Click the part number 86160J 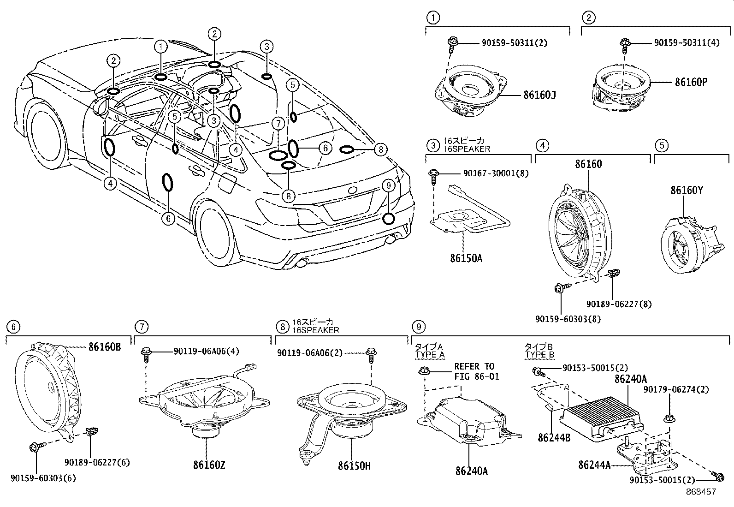point(539,95)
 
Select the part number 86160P point(691,82)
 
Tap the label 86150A point(466,258)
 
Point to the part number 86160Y point(687,190)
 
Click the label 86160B point(104,346)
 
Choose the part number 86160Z point(209,465)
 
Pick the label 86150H point(354,465)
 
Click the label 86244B point(554,436)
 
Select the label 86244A point(594,465)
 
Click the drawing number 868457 point(700,492)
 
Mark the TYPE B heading point(539,354)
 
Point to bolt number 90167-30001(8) point(496,173)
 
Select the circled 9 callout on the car point(389,185)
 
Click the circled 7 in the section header point(141,327)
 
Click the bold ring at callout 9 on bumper point(389,218)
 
